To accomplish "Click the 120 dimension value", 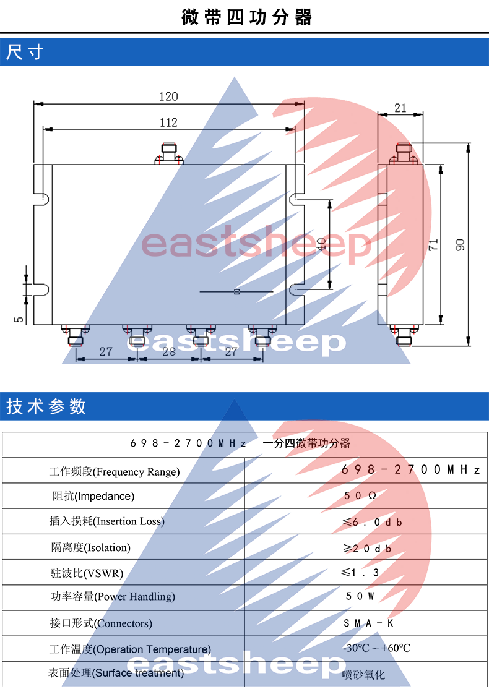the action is pyautogui.click(x=168, y=96).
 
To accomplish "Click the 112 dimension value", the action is pyautogui.click(x=168, y=122).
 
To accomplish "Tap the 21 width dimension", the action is pyautogui.click(x=400, y=108).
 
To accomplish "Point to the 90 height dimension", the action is pyautogui.click(x=461, y=245).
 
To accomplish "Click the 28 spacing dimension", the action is pyautogui.click(x=169, y=352).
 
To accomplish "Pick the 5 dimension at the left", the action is pyautogui.click(x=19, y=319).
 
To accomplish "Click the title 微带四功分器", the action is pyautogui.click(x=247, y=17).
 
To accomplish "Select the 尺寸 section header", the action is pyautogui.click(x=25, y=53).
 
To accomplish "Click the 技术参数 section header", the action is pyautogui.click(x=46, y=406).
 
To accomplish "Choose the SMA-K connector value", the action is pyautogui.click(x=369, y=623).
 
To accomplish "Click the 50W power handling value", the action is pyautogui.click(x=360, y=596).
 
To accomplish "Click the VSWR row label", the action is pyautogui.click(x=87, y=573).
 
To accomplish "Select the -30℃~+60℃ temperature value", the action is pyautogui.click(x=376, y=648).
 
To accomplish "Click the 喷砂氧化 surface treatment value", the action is pyautogui.click(x=363, y=674).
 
